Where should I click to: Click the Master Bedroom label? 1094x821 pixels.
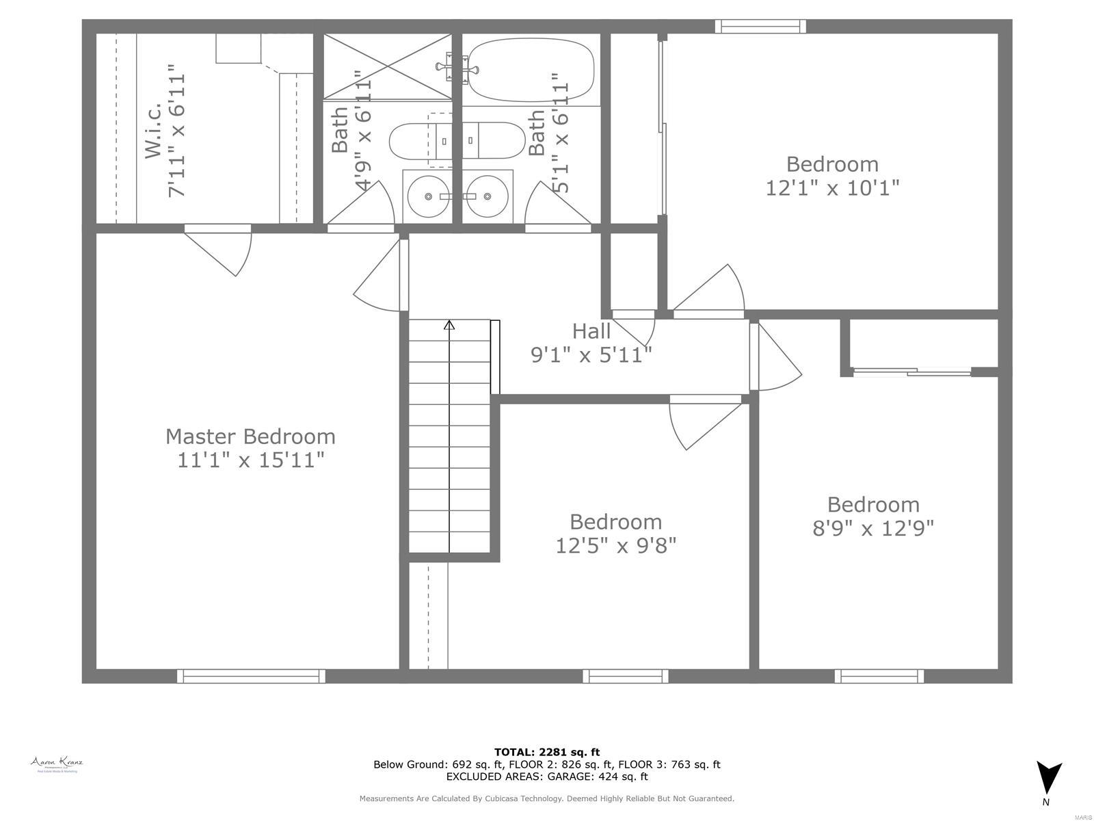click(250, 436)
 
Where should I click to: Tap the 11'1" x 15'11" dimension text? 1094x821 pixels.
click(250, 460)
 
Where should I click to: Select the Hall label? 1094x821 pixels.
click(591, 331)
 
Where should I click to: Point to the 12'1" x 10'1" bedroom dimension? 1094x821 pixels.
click(832, 187)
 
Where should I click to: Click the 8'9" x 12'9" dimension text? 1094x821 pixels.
click(873, 528)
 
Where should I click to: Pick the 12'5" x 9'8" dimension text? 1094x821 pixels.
click(615, 545)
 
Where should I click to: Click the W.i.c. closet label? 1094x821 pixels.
click(154, 130)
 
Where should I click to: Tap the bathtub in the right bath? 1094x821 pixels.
click(531, 69)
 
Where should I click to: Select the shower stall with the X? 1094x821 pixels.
click(387, 66)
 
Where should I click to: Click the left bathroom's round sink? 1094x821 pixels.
click(428, 196)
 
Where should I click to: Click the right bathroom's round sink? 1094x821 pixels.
click(487, 196)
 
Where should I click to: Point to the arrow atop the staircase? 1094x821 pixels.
click(449, 325)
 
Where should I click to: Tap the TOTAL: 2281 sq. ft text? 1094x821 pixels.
click(546, 752)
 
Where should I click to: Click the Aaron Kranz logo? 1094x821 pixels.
click(57, 764)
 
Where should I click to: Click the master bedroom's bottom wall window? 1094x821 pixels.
click(251, 676)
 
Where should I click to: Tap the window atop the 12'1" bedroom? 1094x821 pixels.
click(760, 26)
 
